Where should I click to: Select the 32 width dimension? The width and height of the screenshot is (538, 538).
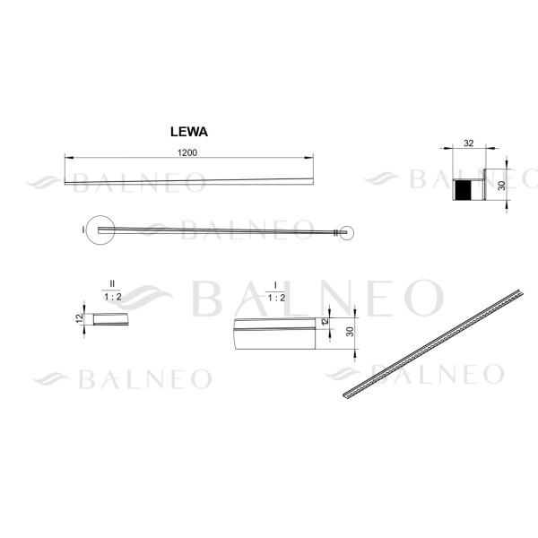click(468, 143)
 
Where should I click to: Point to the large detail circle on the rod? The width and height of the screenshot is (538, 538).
click(100, 230)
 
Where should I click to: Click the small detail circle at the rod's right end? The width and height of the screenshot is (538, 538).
click(343, 232)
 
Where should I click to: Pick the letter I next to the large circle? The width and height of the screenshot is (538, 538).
click(82, 230)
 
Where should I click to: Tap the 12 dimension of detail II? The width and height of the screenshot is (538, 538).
click(80, 319)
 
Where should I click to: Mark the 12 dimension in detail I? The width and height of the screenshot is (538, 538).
click(325, 321)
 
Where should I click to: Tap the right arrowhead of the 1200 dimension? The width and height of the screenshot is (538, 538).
click(314, 159)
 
